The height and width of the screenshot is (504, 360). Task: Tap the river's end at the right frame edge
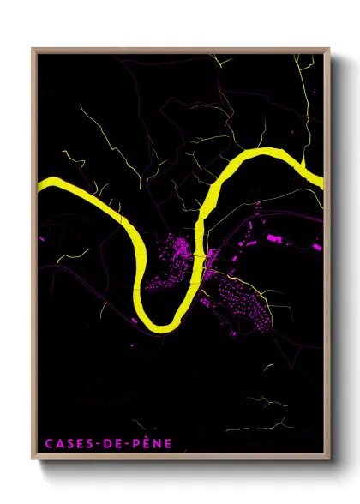point(321,179)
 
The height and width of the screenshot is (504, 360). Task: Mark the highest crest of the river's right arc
point(261,153)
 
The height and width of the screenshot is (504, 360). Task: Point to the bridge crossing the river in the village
point(200,256)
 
